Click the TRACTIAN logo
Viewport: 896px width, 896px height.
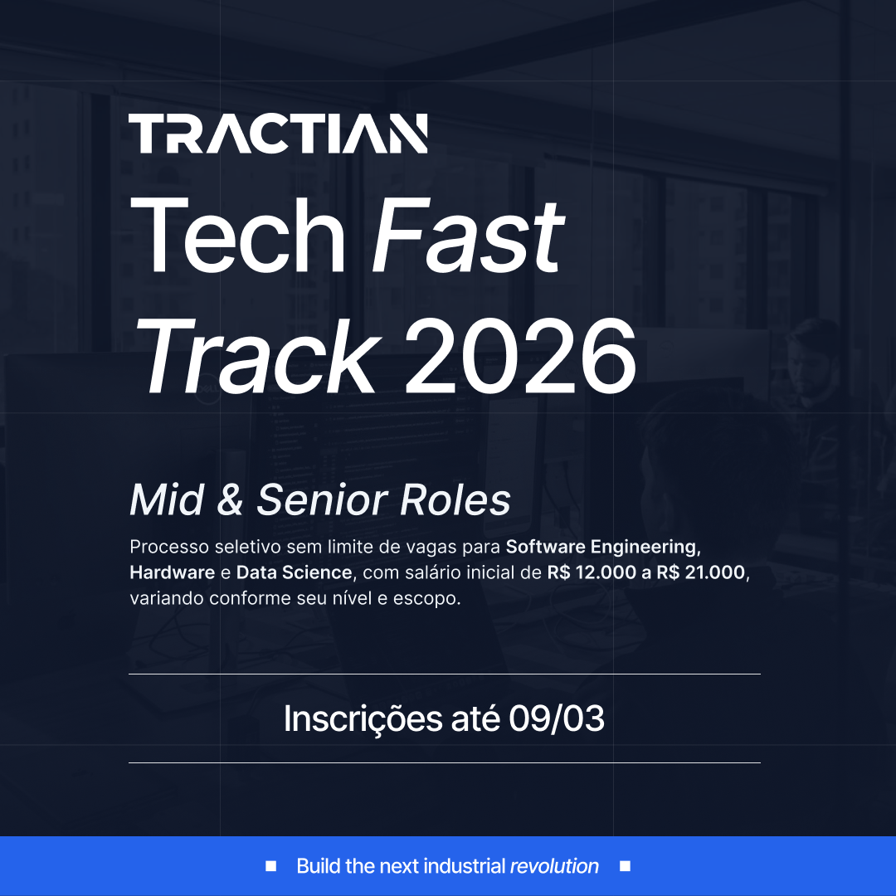tap(278, 134)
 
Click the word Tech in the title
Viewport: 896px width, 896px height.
tap(238, 235)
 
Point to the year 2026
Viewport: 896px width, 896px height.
tap(520, 357)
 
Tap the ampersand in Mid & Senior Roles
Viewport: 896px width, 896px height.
tap(230, 500)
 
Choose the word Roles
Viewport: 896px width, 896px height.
tap(455, 500)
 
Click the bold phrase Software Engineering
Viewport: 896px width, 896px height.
tap(601, 548)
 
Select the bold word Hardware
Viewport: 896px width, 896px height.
tap(172, 572)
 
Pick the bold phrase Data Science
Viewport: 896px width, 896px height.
tap(294, 572)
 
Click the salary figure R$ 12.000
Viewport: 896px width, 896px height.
tap(592, 572)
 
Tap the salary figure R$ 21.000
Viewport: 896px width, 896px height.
tap(701, 572)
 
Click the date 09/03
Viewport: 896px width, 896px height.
tap(557, 718)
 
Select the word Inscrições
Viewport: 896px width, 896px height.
tap(363, 719)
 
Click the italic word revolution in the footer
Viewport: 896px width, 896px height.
tap(554, 866)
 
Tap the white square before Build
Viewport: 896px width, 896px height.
tap(270, 866)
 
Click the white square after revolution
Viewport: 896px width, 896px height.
tap(626, 866)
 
